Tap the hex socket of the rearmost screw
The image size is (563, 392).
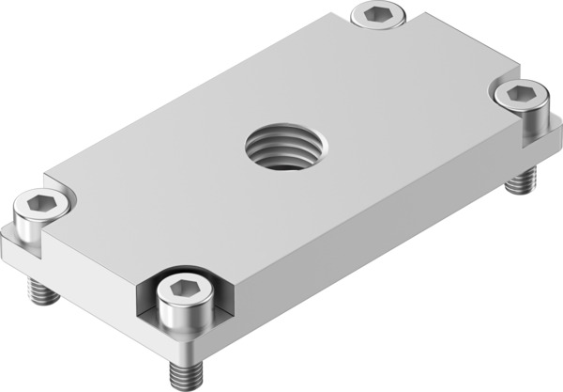pos(380,13)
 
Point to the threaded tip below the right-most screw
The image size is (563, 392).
pos(518,180)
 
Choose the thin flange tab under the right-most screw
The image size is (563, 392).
pos(540,141)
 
